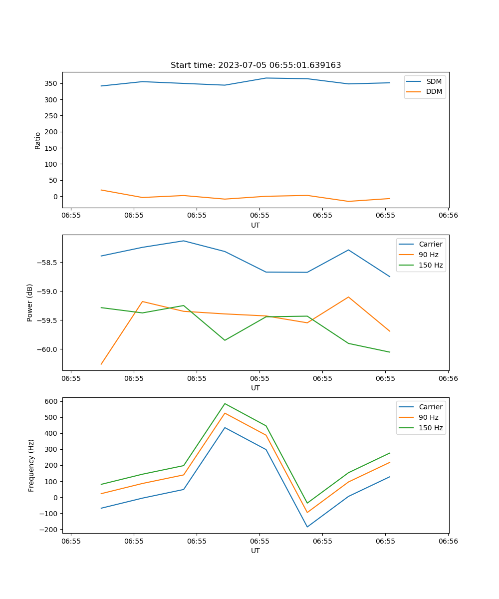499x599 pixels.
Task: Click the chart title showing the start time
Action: click(255, 65)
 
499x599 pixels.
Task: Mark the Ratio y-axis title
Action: click(38, 140)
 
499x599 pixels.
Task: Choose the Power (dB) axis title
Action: click(30, 302)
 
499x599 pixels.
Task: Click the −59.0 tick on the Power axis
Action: click(48, 292)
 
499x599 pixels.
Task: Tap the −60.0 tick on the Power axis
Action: click(48, 349)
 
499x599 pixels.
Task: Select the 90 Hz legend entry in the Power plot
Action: click(429, 255)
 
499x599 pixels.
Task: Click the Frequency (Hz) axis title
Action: click(31, 465)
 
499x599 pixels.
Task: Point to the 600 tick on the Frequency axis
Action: click(52, 401)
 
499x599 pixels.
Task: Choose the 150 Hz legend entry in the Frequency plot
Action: click(431, 428)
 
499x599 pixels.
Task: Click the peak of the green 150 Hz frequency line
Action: click(225, 403)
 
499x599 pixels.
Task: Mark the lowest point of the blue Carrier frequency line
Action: click(307, 527)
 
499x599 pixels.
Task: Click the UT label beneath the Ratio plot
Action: click(255, 225)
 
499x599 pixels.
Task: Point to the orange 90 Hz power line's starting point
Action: click(101, 364)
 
